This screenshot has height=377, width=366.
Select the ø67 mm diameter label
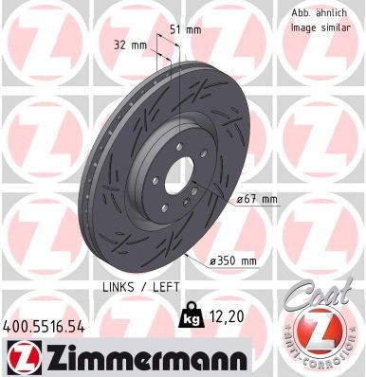[257, 199]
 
